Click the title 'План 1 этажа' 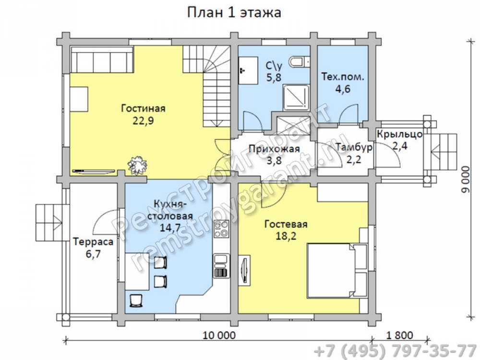point(234,13)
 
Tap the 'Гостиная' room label point(143,108)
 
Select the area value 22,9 point(143,120)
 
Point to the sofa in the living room point(102,60)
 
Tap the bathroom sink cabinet point(248,71)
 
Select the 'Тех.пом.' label point(343,76)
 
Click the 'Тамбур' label point(354,147)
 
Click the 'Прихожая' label point(274,149)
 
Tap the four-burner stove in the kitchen point(221,228)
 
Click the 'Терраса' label point(93,241)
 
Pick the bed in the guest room point(337,270)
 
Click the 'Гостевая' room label point(286,224)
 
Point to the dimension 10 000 point(219,335)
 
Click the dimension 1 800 point(399,335)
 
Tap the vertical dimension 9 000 point(465,180)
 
